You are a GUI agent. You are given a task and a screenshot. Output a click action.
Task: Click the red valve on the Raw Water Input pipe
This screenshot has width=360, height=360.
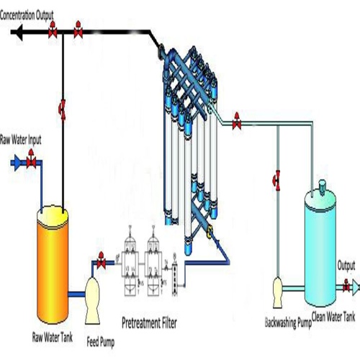pyautogui.click(x=31, y=163)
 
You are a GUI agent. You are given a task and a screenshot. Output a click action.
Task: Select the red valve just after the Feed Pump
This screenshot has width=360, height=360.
pyautogui.click(x=102, y=264)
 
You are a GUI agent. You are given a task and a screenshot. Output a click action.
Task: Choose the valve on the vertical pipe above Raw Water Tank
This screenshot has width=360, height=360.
pyautogui.click(x=63, y=109)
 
